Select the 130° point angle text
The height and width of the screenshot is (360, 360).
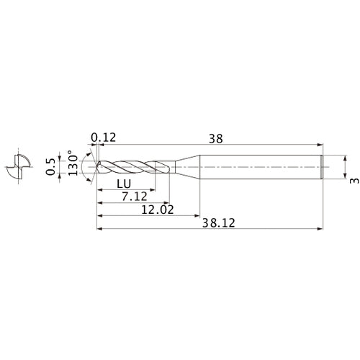point(71,165)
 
